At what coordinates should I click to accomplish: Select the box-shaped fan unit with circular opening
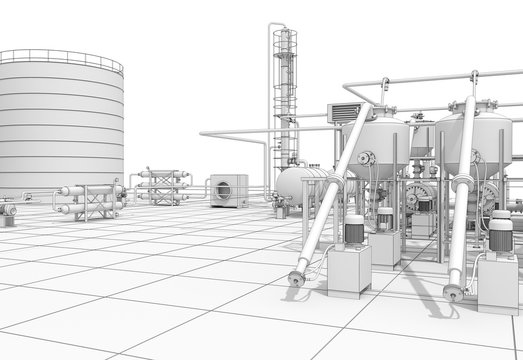click(228, 190)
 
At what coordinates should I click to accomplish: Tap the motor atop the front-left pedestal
click(354, 231)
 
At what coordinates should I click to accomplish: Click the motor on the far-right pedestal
click(500, 236)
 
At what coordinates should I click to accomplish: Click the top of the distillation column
click(285, 30)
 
